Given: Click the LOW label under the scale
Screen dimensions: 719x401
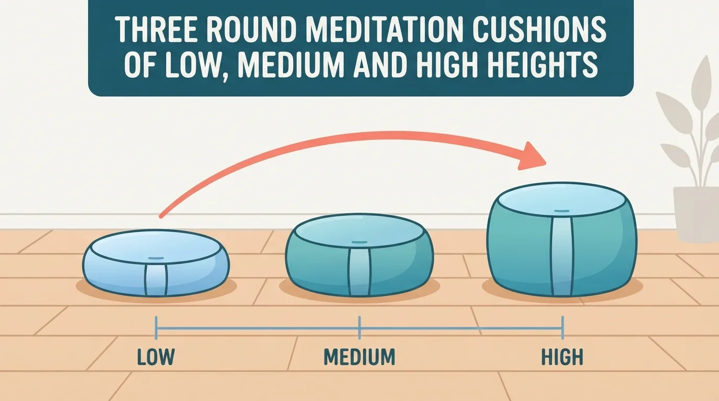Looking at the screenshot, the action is pyautogui.click(x=156, y=357).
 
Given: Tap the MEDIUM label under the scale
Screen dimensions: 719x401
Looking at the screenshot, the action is pyautogui.click(x=359, y=357).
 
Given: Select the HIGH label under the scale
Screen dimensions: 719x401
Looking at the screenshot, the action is pyautogui.click(x=562, y=357).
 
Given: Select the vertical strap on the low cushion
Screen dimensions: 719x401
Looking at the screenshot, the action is pyautogui.click(x=156, y=280).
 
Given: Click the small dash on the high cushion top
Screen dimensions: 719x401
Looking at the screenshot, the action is pyautogui.click(x=562, y=211).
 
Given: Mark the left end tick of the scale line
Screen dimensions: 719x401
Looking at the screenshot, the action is pyautogui.click(x=156, y=327).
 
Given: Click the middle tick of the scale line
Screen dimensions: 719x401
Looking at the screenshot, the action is pyautogui.click(x=359, y=327).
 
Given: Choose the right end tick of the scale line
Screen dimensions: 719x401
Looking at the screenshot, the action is pyautogui.click(x=562, y=327).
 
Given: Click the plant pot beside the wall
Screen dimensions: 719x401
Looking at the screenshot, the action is pyautogui.click(x=696, y=214).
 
